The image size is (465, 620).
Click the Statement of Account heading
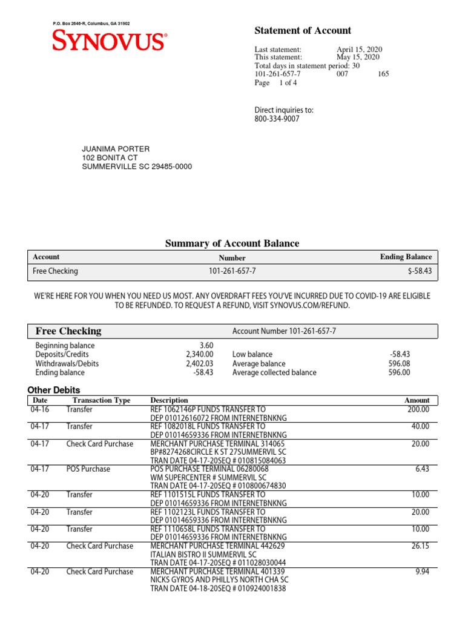[x=303, y=30]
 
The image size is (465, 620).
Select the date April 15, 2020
[x=359, y=50]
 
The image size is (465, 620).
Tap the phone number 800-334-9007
[x=277, y=119]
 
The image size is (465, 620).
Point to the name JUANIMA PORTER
[x=116, y=149]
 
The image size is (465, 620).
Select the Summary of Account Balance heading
[x=232, y=243]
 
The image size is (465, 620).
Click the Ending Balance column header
[x=406, y=257]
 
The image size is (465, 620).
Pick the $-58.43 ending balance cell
[x=420, y=271]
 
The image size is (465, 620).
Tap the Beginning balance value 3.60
[x=206, y=345]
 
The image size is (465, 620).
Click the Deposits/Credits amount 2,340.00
[x=199, y=354]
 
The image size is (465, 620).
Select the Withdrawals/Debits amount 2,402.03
[x=199, y=364]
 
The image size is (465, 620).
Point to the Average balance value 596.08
[x=399, y=364]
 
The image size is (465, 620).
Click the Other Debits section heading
[x=54, y=390]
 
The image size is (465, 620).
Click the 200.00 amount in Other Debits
[x=418, y=409]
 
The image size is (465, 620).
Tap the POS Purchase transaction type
[x=88, y=469]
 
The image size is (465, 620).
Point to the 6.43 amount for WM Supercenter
[x=422, y=469]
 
